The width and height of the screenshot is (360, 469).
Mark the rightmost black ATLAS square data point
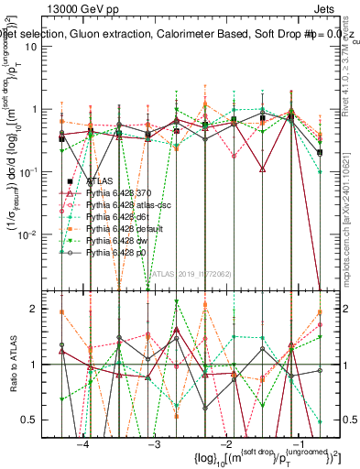(x=320, y=152)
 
